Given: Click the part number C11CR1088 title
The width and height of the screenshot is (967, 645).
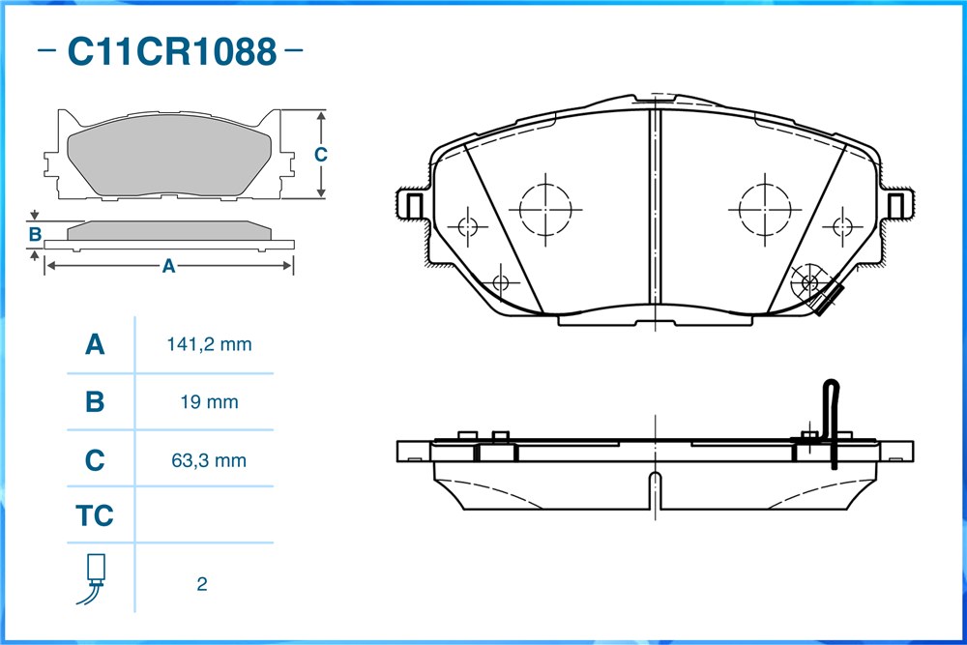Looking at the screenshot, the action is (x=171, y=51).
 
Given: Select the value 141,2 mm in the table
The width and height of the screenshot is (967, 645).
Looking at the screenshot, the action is (x=209, y=344).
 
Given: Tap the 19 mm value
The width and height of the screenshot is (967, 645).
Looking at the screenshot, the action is (x=209, y=402).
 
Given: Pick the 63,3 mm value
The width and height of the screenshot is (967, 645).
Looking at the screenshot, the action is (x=209, y=460).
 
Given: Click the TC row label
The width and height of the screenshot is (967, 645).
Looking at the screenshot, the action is (x=95, y=515).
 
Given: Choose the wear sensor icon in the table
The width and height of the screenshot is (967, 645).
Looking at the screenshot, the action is (x=93, y=578).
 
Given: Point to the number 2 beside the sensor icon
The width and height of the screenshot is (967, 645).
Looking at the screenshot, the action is (x=202, y=583).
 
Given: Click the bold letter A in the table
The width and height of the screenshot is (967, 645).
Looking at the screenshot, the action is (x=95, y=344).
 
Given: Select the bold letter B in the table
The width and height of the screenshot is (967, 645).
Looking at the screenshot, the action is (x=95, y=402).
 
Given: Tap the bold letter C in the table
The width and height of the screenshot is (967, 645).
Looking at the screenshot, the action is (x=95, y=460).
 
